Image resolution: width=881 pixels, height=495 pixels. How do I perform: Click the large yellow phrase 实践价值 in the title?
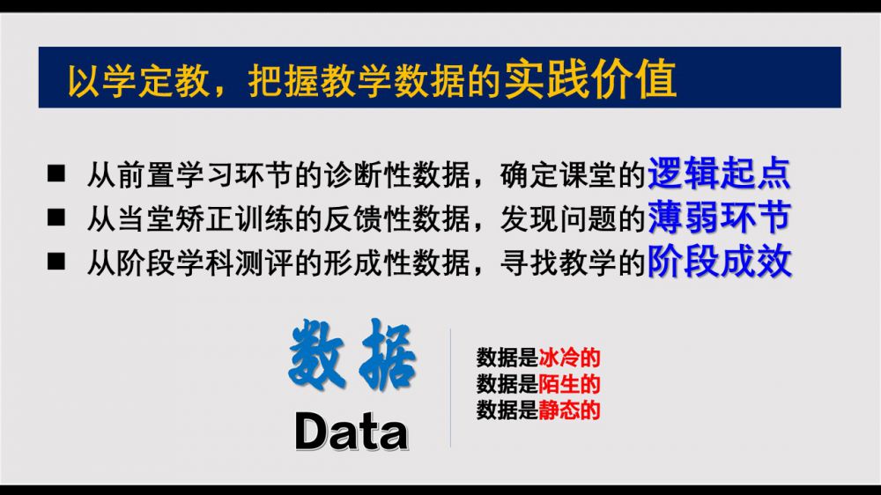point(590,78)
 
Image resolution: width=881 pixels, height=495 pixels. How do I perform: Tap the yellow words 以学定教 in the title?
point(139,81)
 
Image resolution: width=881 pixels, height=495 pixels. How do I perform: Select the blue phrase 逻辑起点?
point(719,173)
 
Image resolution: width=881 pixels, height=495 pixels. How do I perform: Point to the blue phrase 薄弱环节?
point(719,217)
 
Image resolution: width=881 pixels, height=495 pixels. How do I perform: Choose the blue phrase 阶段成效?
point(719,261)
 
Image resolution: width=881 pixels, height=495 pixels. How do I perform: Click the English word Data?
point(352,432)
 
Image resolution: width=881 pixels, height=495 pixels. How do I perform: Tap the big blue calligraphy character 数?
point(316,354)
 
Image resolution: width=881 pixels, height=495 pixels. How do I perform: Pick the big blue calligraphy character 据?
point(388,354)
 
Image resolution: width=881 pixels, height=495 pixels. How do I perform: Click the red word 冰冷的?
point(569,358)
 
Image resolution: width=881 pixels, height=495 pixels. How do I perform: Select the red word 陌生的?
point(569,384)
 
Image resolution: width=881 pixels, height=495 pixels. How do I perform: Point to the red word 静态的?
point(569,410)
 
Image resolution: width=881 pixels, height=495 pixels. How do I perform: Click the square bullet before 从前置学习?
point(56,174)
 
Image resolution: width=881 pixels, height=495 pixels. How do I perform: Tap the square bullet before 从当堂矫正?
point(56,218)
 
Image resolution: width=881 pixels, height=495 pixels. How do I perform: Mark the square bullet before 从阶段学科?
point(56,262)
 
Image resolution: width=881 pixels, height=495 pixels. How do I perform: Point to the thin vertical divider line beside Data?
point(450,388)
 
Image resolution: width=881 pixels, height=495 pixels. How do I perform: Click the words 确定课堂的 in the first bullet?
point(573,174)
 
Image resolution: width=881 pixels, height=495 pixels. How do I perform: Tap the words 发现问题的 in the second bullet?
point(573,218)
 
